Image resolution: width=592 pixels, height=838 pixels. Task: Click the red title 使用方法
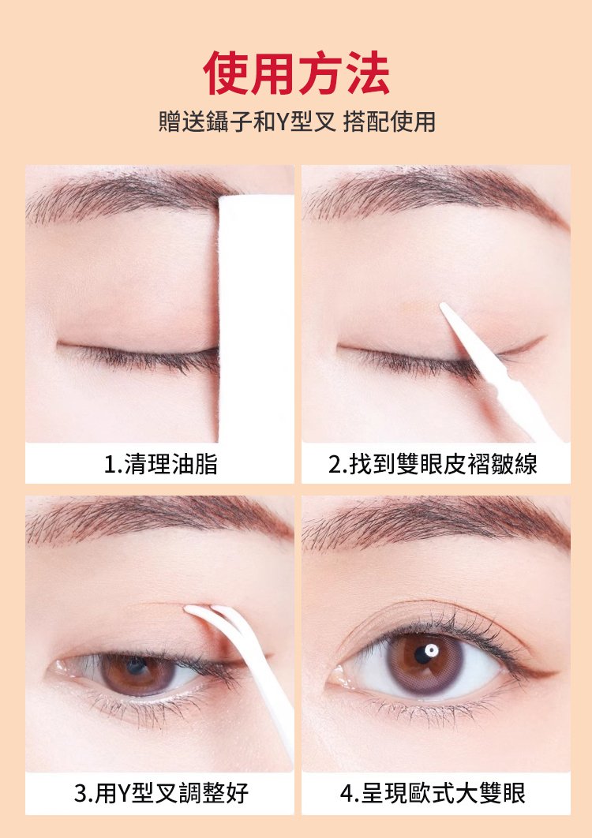(x=296, y=73)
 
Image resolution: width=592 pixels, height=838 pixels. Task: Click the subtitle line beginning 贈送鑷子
(x=297, y=122)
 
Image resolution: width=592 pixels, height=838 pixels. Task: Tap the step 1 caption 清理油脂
(x=161, y=464)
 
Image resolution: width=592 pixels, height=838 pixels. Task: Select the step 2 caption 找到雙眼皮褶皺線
(x=433, y=464)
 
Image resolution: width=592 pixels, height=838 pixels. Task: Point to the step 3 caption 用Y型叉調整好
(x=161, y=792)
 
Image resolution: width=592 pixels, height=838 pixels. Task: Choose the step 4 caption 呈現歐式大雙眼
(x=433, y=792)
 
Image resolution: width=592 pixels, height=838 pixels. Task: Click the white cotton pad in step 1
(x=257, y=318)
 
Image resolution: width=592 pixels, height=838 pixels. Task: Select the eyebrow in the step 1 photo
(x=129, y=195)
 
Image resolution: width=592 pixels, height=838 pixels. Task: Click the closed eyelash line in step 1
(x=137, y=355)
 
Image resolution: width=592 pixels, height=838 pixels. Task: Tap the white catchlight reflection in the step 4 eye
(x=432, y=650)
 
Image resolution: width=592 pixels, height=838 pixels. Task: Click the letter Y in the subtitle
(x=281, y=122)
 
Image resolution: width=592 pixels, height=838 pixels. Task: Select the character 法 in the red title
(x=366, y=73)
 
